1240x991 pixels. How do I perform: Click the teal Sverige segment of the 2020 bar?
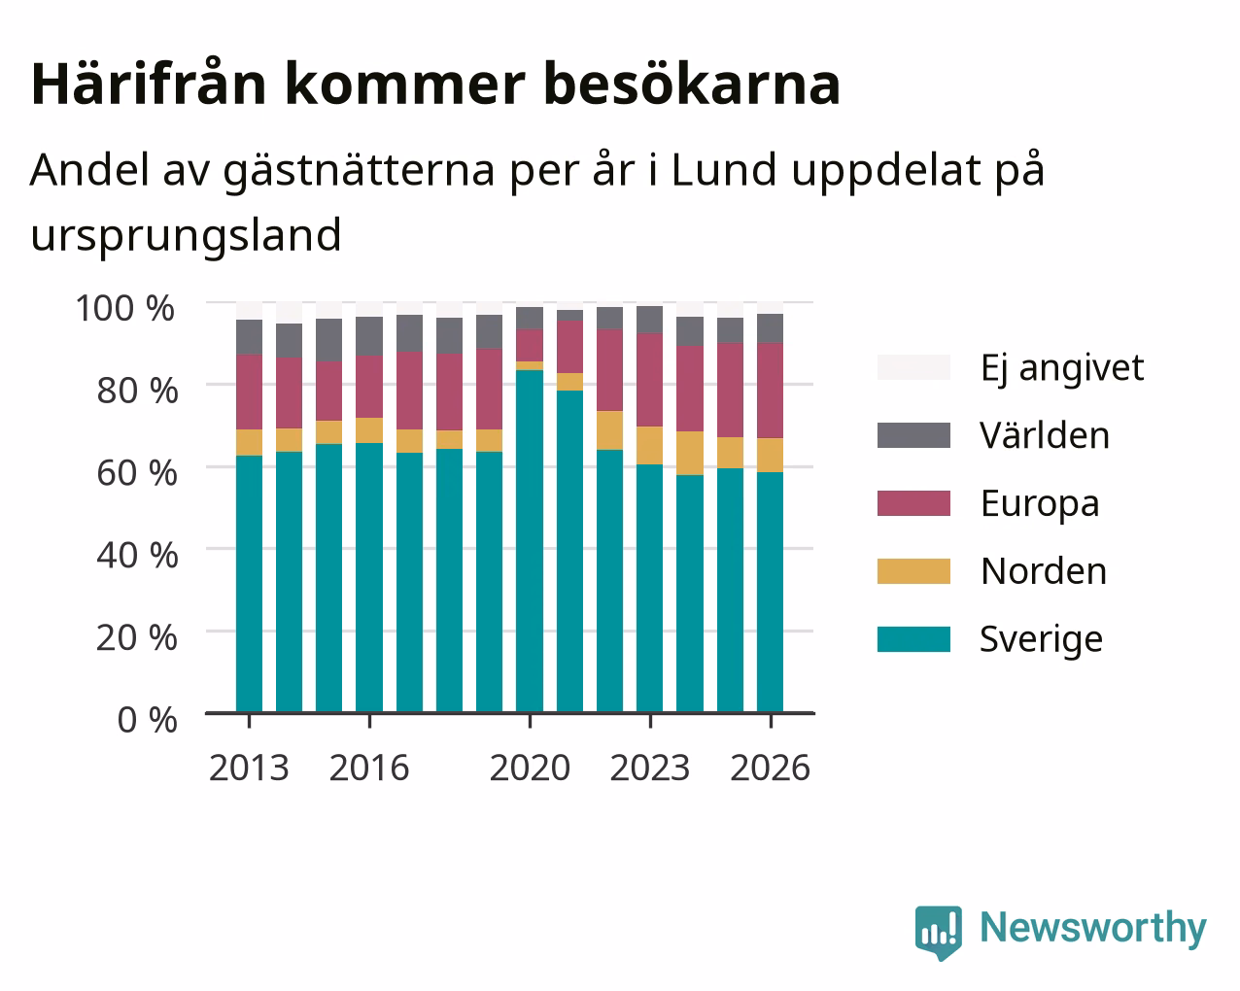coord(529,541)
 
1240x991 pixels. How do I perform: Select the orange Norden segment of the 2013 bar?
coord(249,442)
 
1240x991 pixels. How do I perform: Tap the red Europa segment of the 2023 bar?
coord(649,380)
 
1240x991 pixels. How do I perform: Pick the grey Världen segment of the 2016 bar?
coord(368,336)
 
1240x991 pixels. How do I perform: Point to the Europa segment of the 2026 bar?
coord(770,391)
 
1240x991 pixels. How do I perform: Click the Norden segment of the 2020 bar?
coord(529,365)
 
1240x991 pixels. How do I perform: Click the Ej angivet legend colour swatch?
coord(913,367)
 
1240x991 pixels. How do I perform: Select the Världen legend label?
coord(1044,435)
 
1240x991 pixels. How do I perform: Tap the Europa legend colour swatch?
coord(913,503)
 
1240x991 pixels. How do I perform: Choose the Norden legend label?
coord(1044,571)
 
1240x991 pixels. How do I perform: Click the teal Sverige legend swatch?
coord(913,639)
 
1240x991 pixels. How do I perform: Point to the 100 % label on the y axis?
coord(125,308)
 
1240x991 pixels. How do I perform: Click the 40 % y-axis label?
coord(137,556)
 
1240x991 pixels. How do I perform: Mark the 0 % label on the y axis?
coord(147,720)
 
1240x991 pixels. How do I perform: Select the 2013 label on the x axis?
coord(249,768)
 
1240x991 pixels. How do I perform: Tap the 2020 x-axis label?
coord(530,768)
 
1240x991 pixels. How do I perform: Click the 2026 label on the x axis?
coord(771,768)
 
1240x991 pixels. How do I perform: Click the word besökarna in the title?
coord(692,85)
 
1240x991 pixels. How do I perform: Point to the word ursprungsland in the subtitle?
coord(187,236)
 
